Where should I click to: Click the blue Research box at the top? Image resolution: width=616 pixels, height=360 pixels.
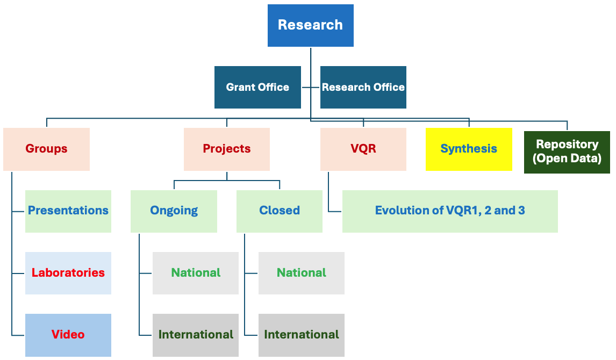pos(310,25)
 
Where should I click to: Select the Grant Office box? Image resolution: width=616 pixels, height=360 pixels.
pos(257,87)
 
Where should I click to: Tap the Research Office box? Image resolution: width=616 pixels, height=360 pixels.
pos(363,87)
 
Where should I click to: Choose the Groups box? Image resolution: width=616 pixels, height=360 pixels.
pos(46,149)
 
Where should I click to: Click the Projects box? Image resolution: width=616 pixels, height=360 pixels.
pos(227,149)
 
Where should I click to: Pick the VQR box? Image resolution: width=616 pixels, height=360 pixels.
pos(363,149)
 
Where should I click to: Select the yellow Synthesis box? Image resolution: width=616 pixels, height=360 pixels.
pos(469,149)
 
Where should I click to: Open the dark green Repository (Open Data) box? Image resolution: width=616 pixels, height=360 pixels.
pos(567,152)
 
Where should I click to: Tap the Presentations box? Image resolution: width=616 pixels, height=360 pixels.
pos(68,211)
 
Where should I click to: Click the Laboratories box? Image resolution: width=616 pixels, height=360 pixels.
pos(68,273)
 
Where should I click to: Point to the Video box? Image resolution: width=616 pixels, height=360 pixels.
pos(68,335)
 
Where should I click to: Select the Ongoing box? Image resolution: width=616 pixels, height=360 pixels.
pos(174,211)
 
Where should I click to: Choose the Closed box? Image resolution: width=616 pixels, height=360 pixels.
pos(280,211)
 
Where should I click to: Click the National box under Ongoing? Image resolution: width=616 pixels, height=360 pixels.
pos(196,273)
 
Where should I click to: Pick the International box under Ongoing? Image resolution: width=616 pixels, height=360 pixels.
pos(196,335)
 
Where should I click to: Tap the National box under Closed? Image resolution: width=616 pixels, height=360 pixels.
pos(302,273)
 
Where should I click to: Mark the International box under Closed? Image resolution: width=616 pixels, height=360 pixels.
pos(302,335)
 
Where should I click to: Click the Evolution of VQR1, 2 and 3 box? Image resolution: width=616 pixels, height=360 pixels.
pos(450,211)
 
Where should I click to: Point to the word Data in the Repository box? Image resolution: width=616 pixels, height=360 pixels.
pos(585,158)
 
